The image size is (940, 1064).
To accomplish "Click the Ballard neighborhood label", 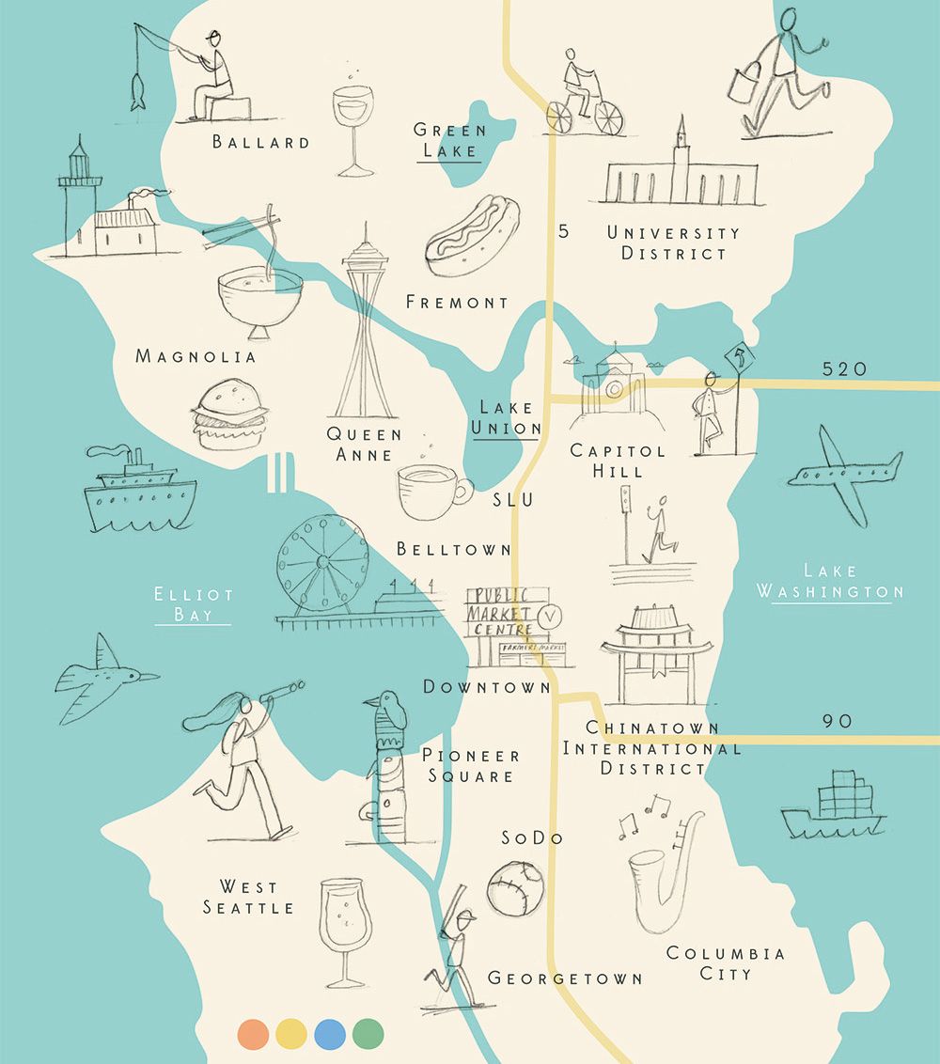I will point(260,143).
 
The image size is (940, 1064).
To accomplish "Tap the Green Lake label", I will point(450,140).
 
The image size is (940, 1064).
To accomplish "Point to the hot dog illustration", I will point(466,235).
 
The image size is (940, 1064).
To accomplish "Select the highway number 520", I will point(844,369).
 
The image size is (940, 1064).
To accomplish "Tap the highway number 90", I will point(838,721).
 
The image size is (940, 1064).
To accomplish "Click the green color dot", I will point(368,1034).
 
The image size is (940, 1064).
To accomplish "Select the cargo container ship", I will point(832,806).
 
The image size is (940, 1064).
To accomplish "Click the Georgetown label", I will point(565,978).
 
